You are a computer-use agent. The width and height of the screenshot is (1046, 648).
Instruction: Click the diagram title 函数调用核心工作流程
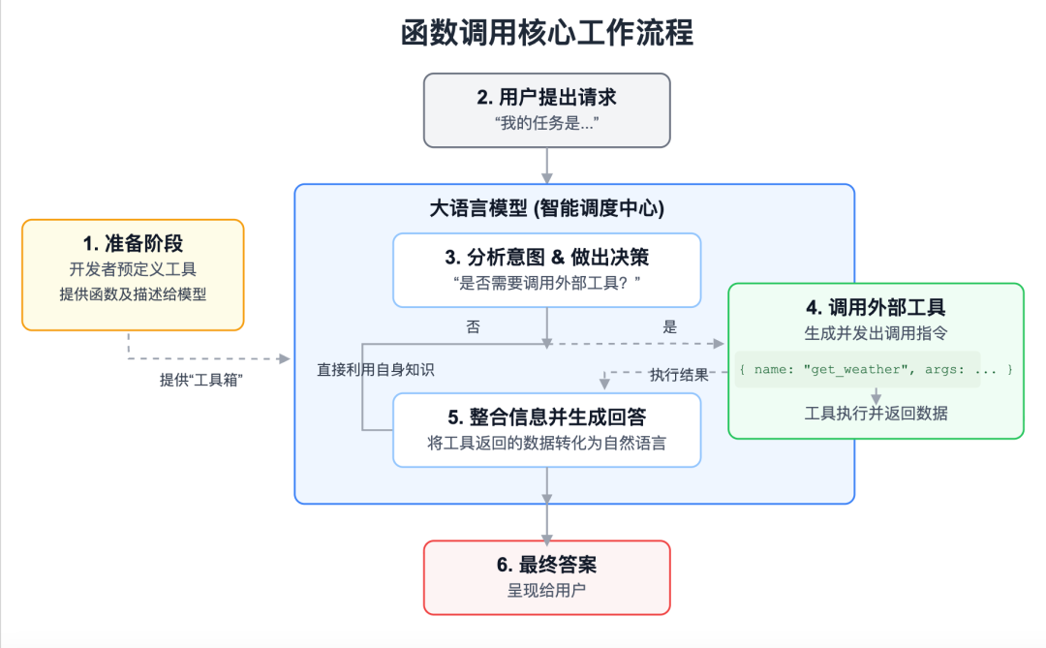point(547,33)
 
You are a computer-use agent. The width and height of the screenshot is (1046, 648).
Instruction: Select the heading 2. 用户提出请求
point(546,97)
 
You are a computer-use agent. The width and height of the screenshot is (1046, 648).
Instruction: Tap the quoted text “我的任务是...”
point(546,123)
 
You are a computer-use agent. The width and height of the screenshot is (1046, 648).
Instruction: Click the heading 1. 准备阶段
point(133,243)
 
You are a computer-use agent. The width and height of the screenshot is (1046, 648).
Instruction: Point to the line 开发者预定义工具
point(133,269)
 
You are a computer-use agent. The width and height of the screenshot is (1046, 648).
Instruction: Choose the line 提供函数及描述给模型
point(133,294)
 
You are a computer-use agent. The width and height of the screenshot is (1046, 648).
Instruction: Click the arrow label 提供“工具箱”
point(201,380)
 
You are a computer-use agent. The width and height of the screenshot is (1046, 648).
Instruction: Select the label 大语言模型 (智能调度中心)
point(546,208)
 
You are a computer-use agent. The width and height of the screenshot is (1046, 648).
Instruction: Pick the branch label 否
point(473,327)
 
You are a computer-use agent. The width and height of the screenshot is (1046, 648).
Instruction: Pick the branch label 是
point(669,327)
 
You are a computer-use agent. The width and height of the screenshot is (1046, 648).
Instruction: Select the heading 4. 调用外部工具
point(876,308)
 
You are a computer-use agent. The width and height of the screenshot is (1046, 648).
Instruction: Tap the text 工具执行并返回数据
point(876,414)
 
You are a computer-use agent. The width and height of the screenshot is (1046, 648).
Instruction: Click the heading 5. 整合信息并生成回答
point(546,417)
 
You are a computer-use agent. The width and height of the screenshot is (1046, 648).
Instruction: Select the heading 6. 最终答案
point(546,565)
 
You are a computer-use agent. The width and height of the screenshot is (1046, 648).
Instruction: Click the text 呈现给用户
point(546,590)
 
